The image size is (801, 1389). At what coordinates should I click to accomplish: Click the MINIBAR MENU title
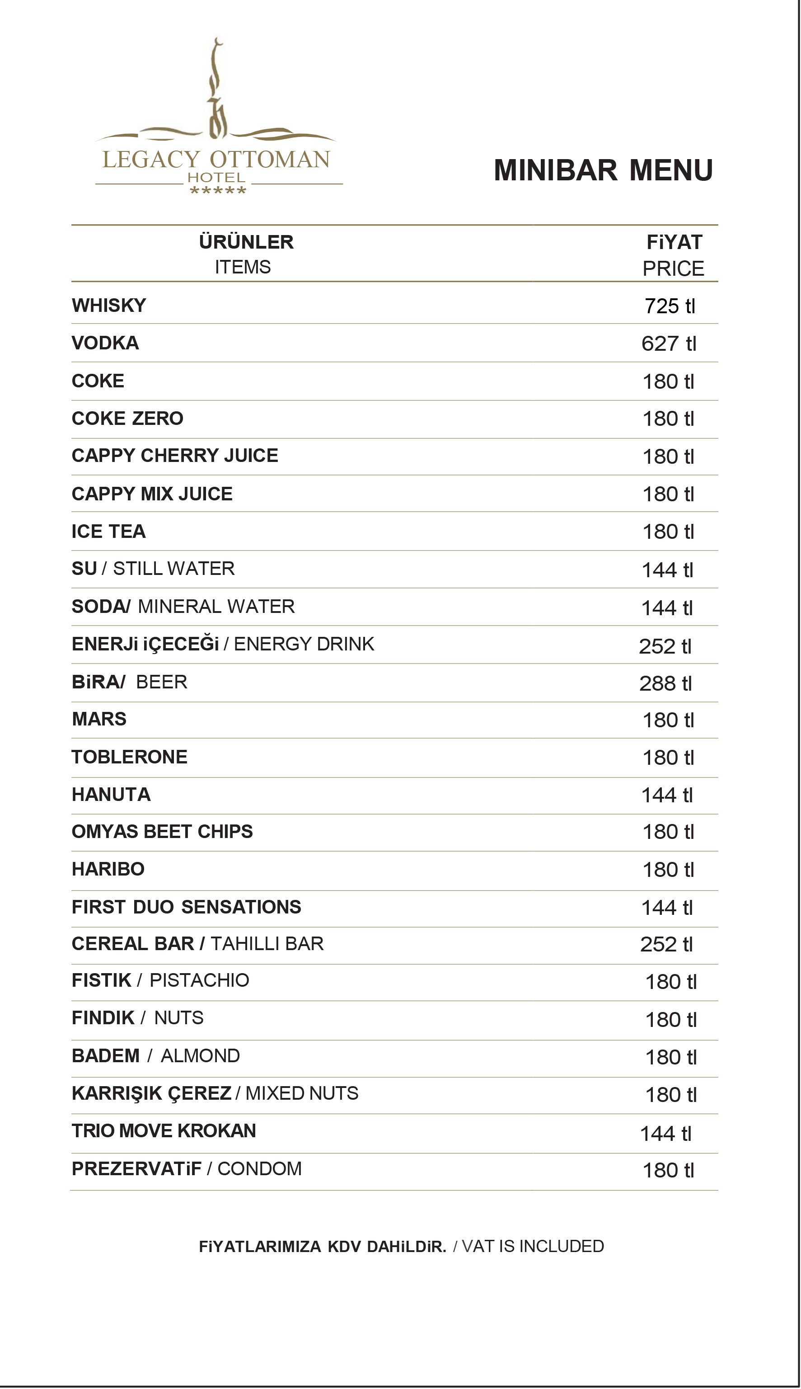(x=603, y=170)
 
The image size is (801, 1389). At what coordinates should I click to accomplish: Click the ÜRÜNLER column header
(x=246, y=242)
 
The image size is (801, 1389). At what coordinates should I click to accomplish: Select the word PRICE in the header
(x=673, y=268)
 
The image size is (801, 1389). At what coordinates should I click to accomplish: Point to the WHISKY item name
(x=109, y=306)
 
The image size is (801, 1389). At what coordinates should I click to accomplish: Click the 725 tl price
(x=670, y=306)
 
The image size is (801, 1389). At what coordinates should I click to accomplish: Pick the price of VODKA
(x=669, y=344)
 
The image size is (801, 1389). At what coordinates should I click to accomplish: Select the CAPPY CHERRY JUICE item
(x=174, y=456)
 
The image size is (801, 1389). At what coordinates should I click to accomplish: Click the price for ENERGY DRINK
(x=665, y=646)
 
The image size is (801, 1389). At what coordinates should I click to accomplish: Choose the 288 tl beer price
(x=665, y=683)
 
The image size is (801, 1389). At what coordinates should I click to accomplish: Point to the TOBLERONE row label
(x=129, y=757)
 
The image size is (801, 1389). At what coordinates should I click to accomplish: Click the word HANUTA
(x=111, y=794)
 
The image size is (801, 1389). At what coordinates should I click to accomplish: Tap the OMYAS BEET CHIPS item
(x=162, y=832)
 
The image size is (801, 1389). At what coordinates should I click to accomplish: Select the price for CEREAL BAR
(x=665, y=944)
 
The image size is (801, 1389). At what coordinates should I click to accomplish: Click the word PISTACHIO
(x=199, y=980)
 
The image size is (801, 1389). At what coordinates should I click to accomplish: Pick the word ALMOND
(x=200, y=1055)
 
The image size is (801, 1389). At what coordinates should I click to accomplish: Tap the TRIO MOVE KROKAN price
(x=665, y=1134)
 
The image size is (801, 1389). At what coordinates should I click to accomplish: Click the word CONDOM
(x=260, y=1169)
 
